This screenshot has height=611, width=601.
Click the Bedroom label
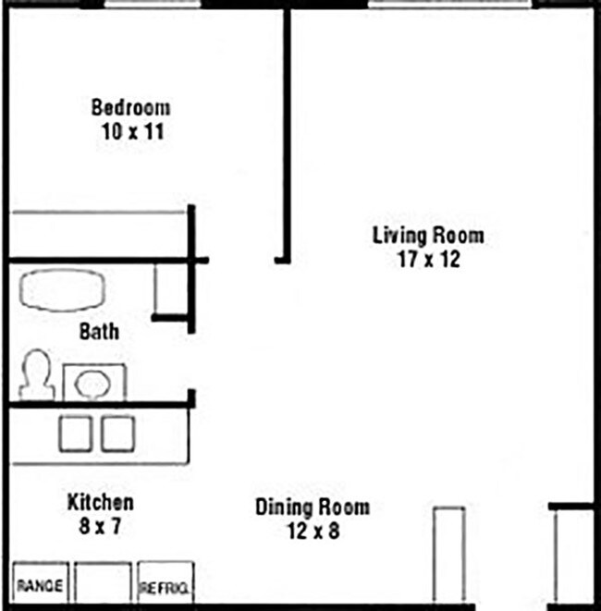point(130,107)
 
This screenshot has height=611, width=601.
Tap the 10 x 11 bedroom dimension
point(132,131)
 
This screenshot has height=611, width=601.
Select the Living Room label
point(427,236)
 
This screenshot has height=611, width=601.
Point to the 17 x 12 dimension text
point(428,260)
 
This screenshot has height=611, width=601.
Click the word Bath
point(99,331)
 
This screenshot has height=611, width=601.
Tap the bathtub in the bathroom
point(62,289)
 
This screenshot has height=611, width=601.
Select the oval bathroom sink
point(93,382)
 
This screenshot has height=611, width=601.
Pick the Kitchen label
point(100,504)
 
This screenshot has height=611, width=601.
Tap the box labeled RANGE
point(39,584)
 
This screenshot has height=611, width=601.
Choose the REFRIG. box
point(165,585)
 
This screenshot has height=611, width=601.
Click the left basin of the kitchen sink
point(75,434)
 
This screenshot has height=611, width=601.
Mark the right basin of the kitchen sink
point(117,434)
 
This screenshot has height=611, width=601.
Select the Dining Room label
point(312,507)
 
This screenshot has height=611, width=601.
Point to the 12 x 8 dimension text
point(313,532)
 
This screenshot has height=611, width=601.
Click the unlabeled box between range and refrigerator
point(103,583)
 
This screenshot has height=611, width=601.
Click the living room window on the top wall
point(449,5)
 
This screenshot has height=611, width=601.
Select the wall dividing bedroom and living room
point(287,129)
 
